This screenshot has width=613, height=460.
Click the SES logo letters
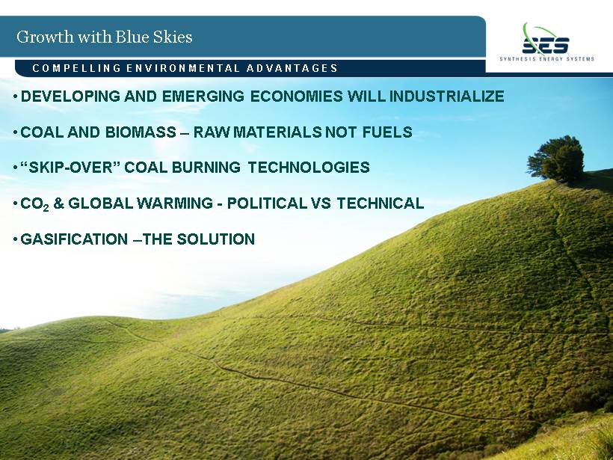point(545,46)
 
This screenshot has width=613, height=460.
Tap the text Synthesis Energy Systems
point(546,59)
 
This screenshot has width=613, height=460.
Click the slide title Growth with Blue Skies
point(105,37)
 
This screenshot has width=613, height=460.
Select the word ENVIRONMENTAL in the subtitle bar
point(182,69)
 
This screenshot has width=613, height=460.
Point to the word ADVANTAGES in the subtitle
point(292,69)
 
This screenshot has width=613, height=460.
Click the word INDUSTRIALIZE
point(446,96)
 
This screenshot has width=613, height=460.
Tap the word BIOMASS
point(141,132)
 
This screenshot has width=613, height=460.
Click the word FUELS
point(387,132)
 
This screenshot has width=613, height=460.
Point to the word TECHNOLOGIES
point(309,168)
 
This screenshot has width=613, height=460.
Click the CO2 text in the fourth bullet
point(34,204)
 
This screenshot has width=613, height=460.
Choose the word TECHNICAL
point(381,203)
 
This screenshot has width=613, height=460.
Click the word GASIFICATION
point(74,239)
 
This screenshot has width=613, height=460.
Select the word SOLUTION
point(216,239)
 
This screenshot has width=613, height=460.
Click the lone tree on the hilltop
point(556,159)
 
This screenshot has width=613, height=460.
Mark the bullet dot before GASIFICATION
point(15,239)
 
